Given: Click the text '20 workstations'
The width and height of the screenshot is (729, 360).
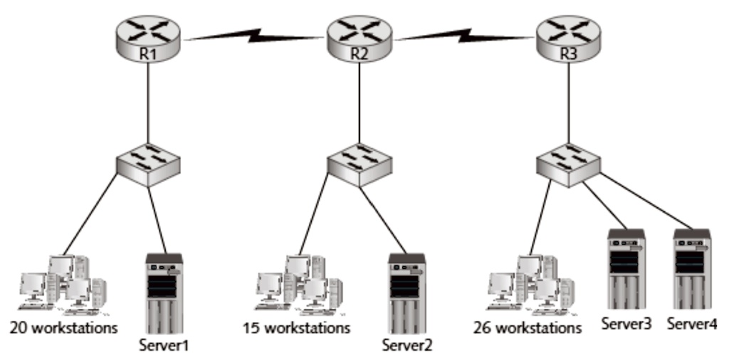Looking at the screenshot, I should [x=63, y=329].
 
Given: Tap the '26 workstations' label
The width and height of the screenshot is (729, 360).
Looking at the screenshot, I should [x=528, y=329].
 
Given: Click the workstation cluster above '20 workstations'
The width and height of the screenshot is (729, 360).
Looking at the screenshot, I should [x=63, y=285].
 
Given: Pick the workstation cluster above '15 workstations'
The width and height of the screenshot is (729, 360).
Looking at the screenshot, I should [x=299, y=285].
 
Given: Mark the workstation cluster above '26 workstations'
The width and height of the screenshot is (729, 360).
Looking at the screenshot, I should [x=530, y=285].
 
